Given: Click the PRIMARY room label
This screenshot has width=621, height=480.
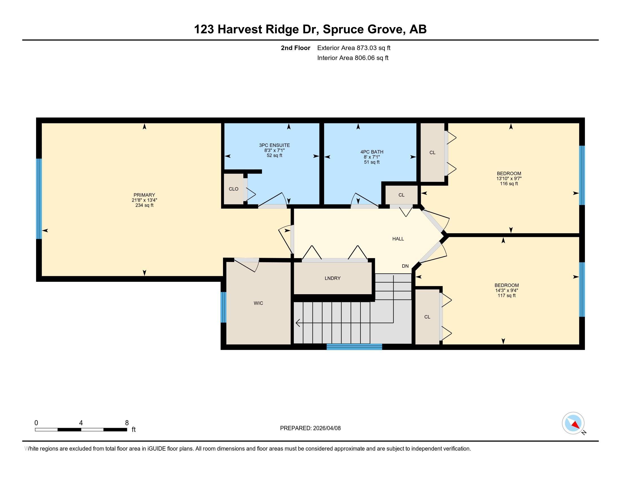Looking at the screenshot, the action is coord(145,195).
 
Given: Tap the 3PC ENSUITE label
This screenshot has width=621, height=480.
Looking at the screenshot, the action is coord(274,145).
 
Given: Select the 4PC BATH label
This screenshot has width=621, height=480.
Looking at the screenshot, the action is coord(372,152).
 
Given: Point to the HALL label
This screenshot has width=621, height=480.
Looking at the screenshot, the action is coord(398,239).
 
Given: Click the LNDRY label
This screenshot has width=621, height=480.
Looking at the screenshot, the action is coord(333,278).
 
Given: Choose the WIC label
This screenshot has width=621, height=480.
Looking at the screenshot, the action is coord(259,303).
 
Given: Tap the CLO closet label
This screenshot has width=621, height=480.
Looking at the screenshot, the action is coord(233,189).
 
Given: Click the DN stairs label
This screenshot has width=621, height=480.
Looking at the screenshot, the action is coord(405,266).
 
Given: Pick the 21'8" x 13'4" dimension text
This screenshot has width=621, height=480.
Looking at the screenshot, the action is coord(145,200).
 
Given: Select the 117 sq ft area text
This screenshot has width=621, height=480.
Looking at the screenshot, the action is coord(507,295).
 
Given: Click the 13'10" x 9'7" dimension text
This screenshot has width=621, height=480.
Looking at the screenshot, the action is coord(509,178).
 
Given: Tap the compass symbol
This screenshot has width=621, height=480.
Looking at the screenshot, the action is coord(573,423).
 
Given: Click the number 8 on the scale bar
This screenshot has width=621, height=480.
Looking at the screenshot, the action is coord(127,423).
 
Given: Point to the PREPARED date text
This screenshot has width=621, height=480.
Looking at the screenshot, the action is coord(310,428).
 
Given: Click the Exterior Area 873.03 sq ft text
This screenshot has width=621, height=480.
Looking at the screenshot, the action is coord(354,48).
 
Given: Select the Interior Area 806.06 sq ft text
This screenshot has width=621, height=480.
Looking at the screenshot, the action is coord(353,58).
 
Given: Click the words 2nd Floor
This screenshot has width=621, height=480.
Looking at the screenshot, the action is coord(296,48).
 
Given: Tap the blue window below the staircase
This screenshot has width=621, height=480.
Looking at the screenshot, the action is coord(354,347).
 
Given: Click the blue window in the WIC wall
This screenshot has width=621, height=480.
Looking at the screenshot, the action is coord(224,307).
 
